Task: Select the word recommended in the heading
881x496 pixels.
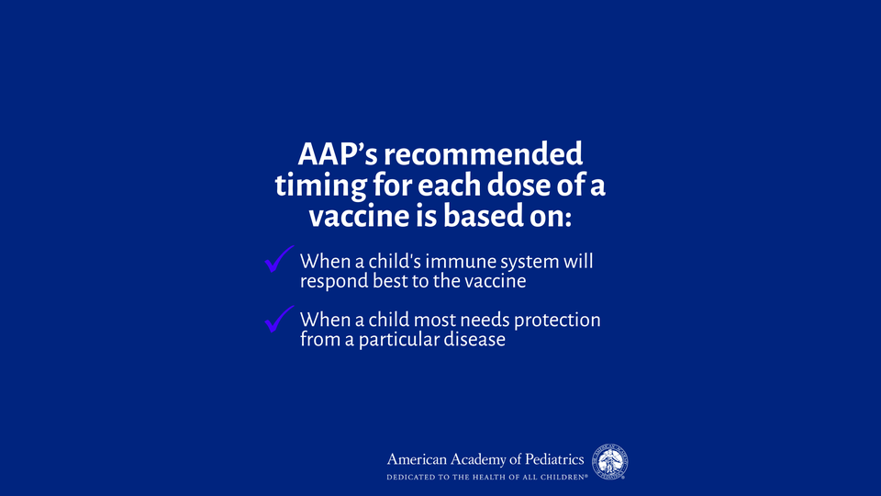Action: click(484, 154)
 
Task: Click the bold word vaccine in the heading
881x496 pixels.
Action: click(359, 217)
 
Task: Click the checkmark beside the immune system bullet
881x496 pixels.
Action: click(279, 259)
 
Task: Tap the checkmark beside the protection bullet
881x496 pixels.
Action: click(279, 319)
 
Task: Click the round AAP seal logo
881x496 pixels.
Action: click(609, 462)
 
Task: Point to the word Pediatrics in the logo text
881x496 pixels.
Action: click(554, 459)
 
